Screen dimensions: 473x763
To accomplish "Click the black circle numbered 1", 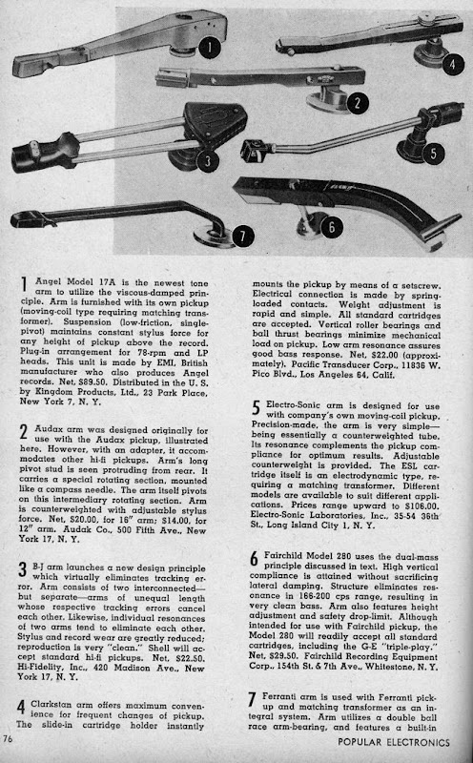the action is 210,48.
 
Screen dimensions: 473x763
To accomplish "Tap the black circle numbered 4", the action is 453,63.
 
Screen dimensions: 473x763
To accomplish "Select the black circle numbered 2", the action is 358,103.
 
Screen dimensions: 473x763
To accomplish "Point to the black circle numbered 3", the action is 208,160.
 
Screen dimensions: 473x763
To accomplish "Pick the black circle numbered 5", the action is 433,154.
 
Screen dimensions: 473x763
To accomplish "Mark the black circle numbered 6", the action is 332,227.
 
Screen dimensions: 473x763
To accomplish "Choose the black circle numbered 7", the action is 243,237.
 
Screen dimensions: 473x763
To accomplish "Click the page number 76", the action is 8,738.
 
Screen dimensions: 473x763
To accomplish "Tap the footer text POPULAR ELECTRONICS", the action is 394,743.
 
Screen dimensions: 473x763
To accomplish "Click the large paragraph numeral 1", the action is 24,284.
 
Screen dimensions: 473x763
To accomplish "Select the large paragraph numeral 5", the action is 256,408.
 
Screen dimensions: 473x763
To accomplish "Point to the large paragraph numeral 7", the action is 252,700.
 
